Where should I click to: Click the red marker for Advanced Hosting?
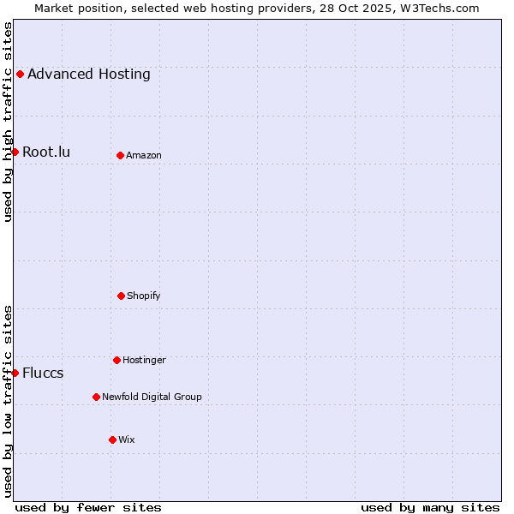pyautogui.click(x=20, y=74)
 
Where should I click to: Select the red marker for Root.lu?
pyautogui.click(x=15, y=152)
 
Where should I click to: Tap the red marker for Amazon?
pyautogui.click(x=120, y=155)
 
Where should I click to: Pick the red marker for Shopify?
pyautogui.click(x=121, y=296)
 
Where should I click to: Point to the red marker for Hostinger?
pyautogui.click(x=117, y=360)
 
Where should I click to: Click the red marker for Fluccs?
pyautogui.click(x=15, y=373)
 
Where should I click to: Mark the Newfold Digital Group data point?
pyautogui.click(x=96, y=397)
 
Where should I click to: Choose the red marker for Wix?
pyautogui.click(x=112, y=439)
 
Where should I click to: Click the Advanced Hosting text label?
pyautogui.click(x=89, y=74)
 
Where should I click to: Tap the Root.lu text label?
pyautogui.click(x=46, y=152)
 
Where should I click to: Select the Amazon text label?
pyautogui.click(x=144, y=155)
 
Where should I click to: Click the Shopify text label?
pyautogui.click(x=144, y=296)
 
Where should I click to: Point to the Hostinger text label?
pyautogui.click(x=144, y=360)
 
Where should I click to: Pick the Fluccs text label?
pyautogui.click(x=43, y=373)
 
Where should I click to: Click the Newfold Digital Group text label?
pyautogui.click(x=152, y=397)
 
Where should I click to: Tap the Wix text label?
pyautogui.click(x=127, y=439)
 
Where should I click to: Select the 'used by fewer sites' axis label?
pyautogui.click(x=88, y=507)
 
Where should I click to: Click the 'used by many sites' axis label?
pyautogui.click(x=430, y=507)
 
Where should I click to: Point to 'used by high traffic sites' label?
pyautogui.click(x=8, y=122)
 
